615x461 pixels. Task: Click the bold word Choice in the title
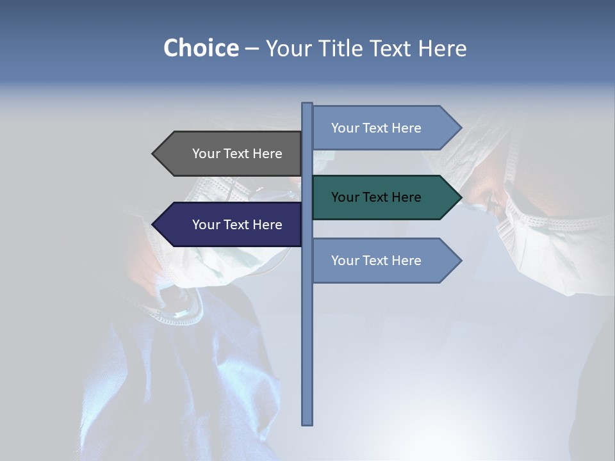[201, 48]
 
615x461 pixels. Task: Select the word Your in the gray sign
[206, 154]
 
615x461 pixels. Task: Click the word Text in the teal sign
[376, 197]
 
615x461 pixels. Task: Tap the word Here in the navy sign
[266, 225]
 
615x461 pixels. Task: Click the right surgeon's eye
[494, 204]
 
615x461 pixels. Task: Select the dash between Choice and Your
[252, 49]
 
